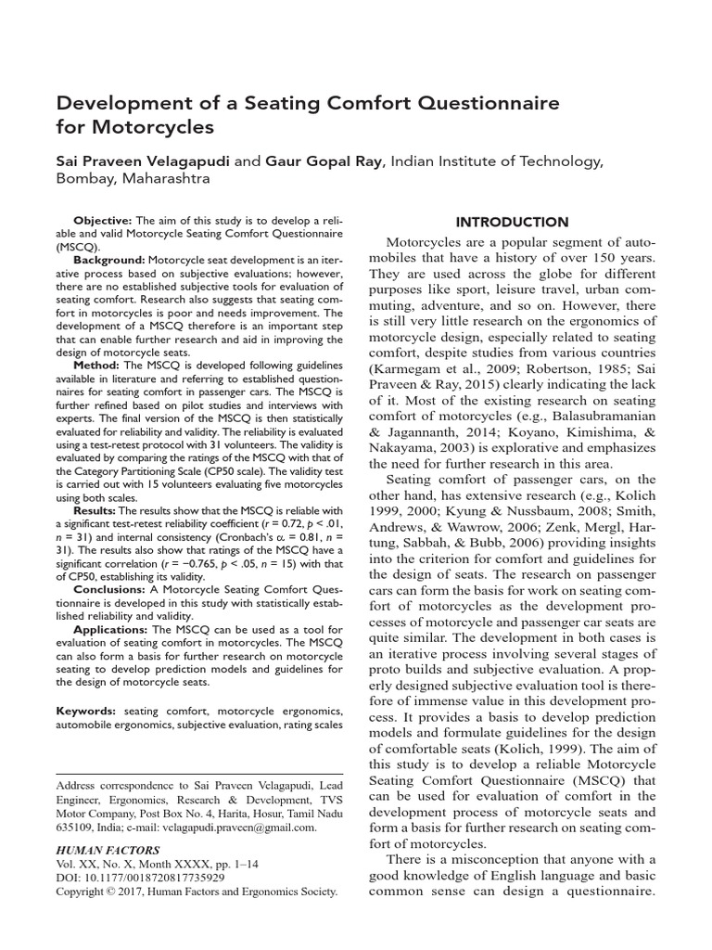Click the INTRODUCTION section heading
click(x=512, y=223)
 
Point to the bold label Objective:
click(x=104, y=221)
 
